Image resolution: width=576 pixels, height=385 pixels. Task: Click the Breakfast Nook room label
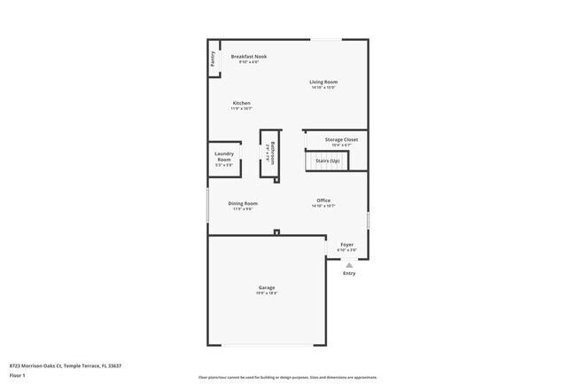(249, 57)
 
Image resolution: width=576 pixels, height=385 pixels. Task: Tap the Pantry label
(213, 59)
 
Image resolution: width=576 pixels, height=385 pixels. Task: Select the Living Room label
(323, 82)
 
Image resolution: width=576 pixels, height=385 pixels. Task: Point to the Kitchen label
(241, 103)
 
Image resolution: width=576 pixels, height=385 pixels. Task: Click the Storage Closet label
(340, 139)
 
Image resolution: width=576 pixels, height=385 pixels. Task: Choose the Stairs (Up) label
(327, 161)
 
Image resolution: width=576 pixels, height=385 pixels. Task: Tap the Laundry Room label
(224, 156)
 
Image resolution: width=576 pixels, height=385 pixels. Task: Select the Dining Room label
(243, 203)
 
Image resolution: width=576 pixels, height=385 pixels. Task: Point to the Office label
(323, 200)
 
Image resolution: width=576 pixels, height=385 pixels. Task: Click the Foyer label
(346, 244)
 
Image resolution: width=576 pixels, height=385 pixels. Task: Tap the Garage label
(266, 287)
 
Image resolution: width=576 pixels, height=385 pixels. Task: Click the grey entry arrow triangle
(349, 264)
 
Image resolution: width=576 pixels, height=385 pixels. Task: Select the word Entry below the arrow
(349, 273)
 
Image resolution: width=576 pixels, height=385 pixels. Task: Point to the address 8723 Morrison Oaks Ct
(35, 365)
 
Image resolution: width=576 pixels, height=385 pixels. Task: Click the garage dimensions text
(266, 294)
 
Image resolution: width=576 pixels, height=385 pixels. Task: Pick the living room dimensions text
(323, 88)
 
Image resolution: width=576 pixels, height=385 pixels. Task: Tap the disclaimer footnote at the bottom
(287, 377)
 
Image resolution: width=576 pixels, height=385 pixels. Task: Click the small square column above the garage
(277, 232)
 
